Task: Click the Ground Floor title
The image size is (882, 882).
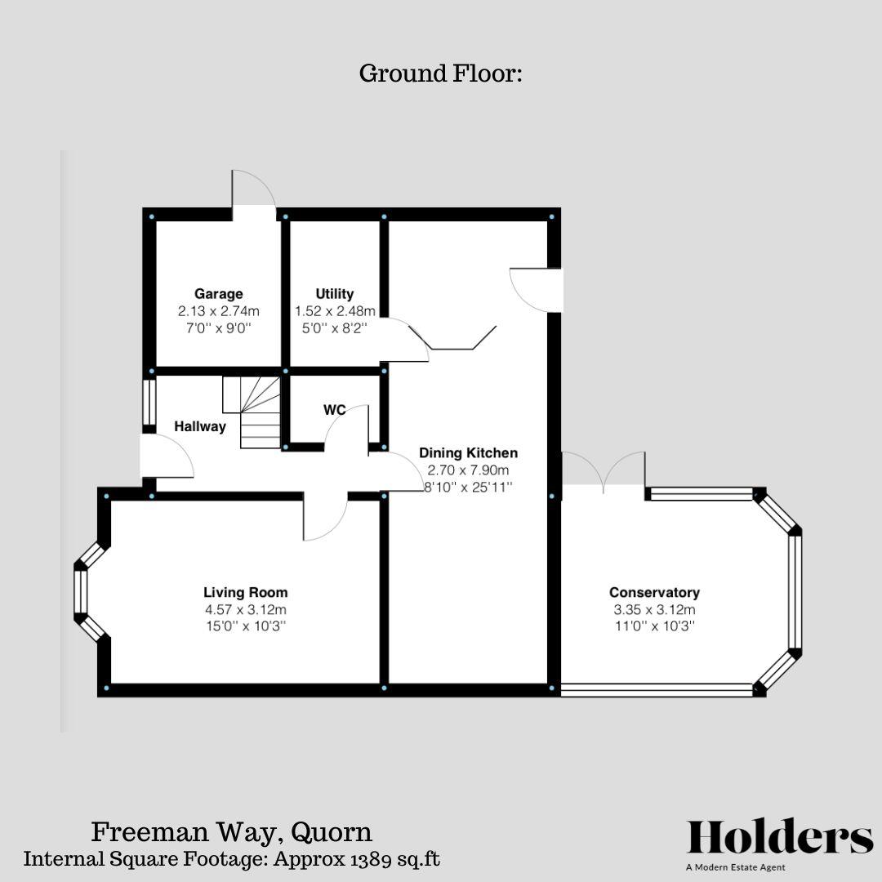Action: pos(440,73)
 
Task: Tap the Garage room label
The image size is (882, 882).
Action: pos(218,294)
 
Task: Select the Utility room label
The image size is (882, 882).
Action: pos(335,294)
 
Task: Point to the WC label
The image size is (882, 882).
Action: pos(335,410)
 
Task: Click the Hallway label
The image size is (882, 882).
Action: pos(200,426)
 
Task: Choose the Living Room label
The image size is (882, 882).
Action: pos(245,593)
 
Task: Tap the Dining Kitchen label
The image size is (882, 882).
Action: pos(468,453)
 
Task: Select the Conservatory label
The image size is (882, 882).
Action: pos(654,593)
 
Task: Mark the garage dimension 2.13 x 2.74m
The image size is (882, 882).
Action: pos(218,311)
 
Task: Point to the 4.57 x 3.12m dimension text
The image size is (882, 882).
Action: pos(245,610)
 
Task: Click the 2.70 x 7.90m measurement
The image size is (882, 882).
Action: pos(468,470)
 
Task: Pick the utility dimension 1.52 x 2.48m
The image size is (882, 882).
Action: pos(335,311)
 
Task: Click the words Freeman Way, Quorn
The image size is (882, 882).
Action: pos(231,832)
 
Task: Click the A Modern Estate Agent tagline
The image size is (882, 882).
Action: pos(736,867)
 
